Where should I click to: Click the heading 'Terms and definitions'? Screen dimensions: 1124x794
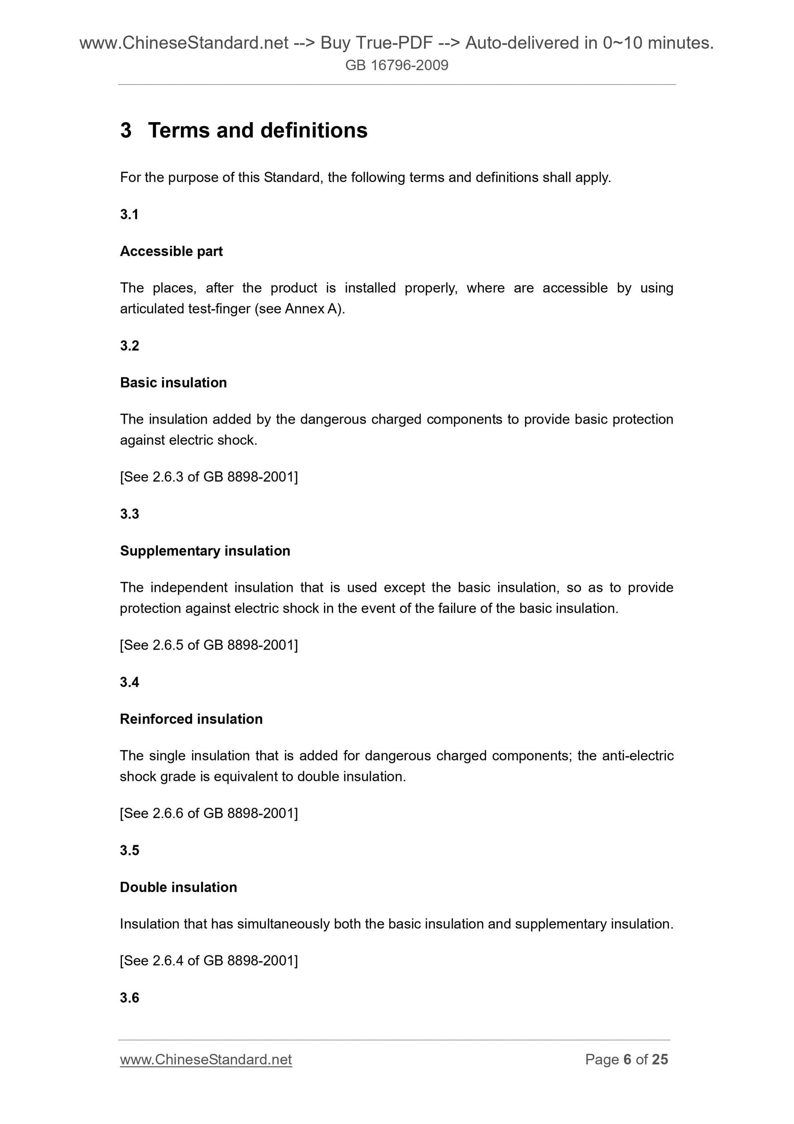[x=257, y=131]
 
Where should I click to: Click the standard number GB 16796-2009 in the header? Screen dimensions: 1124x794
[x=397, y=65]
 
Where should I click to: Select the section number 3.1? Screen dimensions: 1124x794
[x=129, y=214]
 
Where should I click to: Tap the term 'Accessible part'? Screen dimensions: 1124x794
[x=171, y=251]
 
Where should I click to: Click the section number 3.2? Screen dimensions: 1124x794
[x=130, y=346]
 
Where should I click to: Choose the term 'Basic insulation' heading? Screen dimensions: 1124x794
[x=173, y=382]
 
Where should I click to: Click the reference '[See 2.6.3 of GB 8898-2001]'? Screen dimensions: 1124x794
[x=209, y=477]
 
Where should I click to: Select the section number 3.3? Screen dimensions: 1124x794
[x=130, y=514]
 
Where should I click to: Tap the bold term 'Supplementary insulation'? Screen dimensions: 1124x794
[x=205, y=551]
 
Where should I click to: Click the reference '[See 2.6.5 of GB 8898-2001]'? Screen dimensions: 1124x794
[x=209, y=645]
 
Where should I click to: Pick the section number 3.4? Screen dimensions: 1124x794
[x=130, y=682]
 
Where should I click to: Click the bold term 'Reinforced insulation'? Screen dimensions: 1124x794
[x=191, y=719]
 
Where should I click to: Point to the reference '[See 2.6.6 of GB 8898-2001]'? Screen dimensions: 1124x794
[x=209, y=813]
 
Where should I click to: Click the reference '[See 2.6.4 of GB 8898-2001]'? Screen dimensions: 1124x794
[x=209, y=961]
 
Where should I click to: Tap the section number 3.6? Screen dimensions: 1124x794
[x=130, y=998]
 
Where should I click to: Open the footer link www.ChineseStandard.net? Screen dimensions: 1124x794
[x=206, y=1059]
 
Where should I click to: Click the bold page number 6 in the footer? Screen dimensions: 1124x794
[x=627, y=1059]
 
